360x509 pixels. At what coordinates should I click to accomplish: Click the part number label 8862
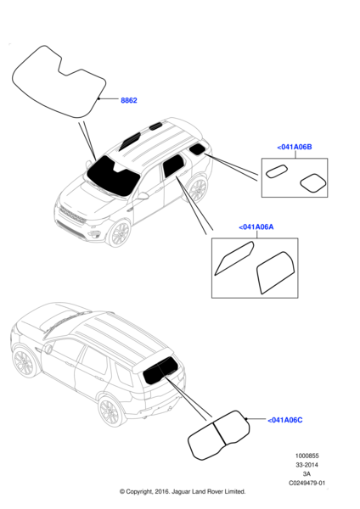pos(129,100)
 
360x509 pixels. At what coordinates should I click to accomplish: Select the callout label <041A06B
pos(295,147)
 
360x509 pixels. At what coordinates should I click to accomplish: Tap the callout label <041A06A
pos(256,227)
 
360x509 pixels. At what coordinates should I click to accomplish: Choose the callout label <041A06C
pos(285,420)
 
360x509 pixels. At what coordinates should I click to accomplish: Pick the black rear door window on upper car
pos(173,165)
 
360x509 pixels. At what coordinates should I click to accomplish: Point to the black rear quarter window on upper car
pos(197,149)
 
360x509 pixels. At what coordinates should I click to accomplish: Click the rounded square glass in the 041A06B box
pos(313,183)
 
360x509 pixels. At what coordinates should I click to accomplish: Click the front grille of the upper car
pos(72,215)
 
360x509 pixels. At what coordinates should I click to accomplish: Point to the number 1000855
pos(307,456)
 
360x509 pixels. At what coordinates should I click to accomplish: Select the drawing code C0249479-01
pos(307,483)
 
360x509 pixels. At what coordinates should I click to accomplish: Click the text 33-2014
pos(307,465)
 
